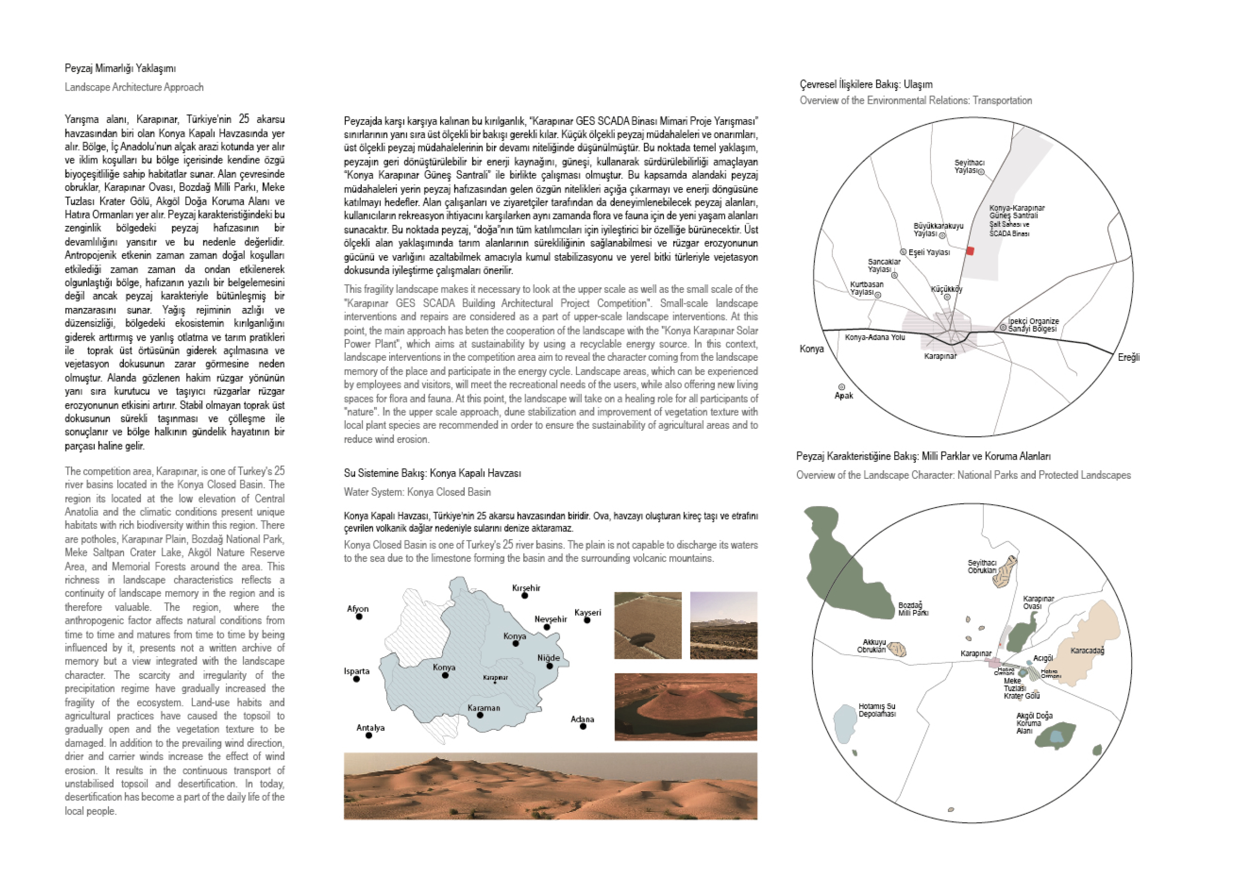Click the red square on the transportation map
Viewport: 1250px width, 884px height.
pos(970,251)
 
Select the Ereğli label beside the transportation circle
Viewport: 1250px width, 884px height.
pos(1128,358)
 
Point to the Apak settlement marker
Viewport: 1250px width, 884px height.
pos(841,387)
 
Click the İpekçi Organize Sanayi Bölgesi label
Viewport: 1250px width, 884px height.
pos(1033,325)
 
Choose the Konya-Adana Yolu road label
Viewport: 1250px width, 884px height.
pos(875,338)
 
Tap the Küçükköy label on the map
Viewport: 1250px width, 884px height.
pos(946,289)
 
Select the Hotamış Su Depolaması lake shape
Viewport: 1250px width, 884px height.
pos(845,723)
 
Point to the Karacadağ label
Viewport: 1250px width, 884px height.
pos(1087,651)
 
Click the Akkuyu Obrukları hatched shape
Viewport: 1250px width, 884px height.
pos(897,649)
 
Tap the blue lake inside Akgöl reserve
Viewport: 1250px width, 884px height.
pos(1056,737)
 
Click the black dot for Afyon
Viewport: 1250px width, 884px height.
pos(359,617)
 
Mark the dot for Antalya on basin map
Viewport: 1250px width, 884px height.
pos(368,736)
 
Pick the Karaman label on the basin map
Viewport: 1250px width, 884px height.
pos(483,708)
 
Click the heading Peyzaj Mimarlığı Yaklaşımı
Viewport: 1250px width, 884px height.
pos(120,69)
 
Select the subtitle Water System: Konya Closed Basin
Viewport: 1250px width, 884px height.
pos(417,492)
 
